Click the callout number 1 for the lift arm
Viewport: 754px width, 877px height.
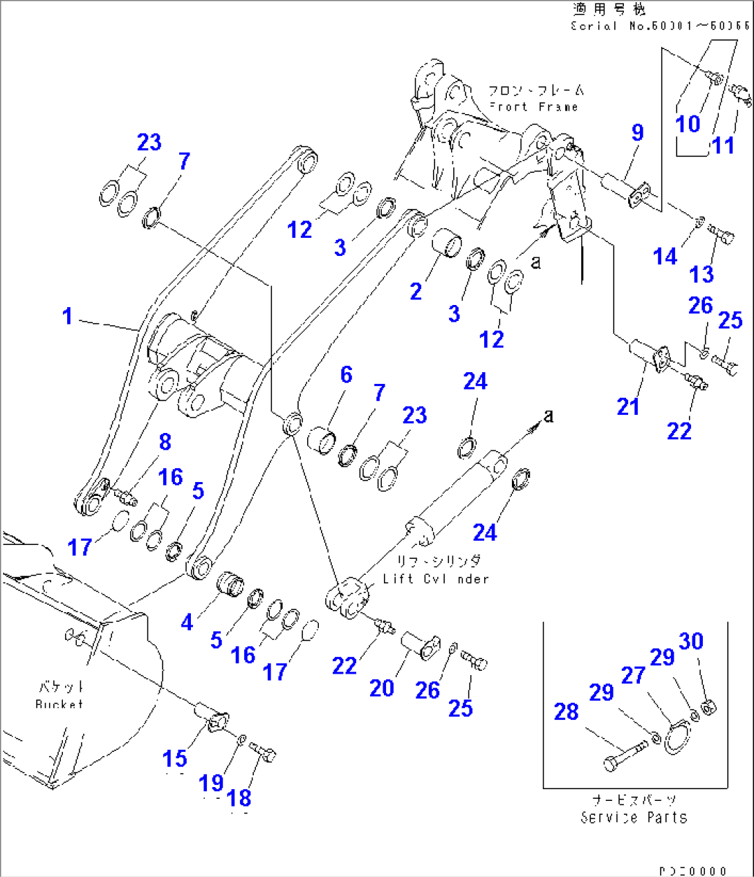tap(67, 316)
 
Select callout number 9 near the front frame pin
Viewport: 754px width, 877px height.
tap(637, 132)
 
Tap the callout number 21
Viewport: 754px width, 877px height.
tap(627, 406)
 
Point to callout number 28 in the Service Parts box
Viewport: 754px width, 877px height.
tap(566, 711)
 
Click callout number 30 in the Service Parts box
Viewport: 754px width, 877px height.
tap(690, 641)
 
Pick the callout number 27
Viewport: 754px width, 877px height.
tap(632, 675)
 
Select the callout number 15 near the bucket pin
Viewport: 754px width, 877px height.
tap(174, 759)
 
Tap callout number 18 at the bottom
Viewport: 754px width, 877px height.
tap(239, 797)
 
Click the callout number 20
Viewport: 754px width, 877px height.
tap(381, 687)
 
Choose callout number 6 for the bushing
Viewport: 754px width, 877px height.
tap(346, 374)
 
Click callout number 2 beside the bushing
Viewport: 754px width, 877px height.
tap(415, 290)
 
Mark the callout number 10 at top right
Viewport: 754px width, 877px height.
tap(688, 124)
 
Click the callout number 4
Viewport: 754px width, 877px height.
tap(187, 622)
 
